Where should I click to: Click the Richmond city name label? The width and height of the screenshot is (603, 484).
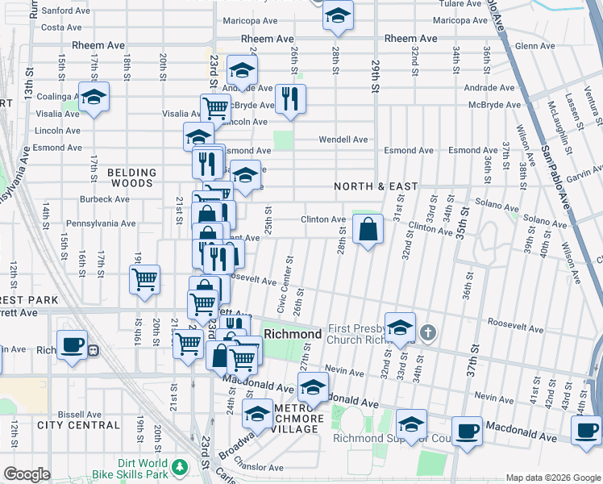pyautogui.click(x=293, y=333)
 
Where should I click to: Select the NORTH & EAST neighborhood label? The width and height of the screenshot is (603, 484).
pyautogui.click(x=376, y=186)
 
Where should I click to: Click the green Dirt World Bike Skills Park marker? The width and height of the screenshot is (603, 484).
pyautogui.click(x=180, y=469)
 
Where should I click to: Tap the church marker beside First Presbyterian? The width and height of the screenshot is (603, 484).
pyautogui.click(x=430, y=332)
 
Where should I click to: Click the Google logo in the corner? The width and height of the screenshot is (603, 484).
pyautogui.click(x=27, y=475)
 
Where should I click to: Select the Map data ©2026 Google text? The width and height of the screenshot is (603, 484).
pyautogui.click(x=551, y=478)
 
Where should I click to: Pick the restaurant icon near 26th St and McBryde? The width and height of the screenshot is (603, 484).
pyautogui.click(x=289, y=98)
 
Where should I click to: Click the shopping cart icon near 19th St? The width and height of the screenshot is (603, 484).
pyautogui.click(x=144, y=280)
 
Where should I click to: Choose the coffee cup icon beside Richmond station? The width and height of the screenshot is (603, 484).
pyautogui.click(x=72, y=344)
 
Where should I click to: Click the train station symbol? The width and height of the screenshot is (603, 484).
pyautogui.click(x=94, y=350)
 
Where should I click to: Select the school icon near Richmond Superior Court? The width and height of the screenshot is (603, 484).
pyautogui.click(x=411, y=425)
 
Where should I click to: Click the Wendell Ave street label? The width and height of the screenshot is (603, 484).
pyautogui.click(x=343, y=140)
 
